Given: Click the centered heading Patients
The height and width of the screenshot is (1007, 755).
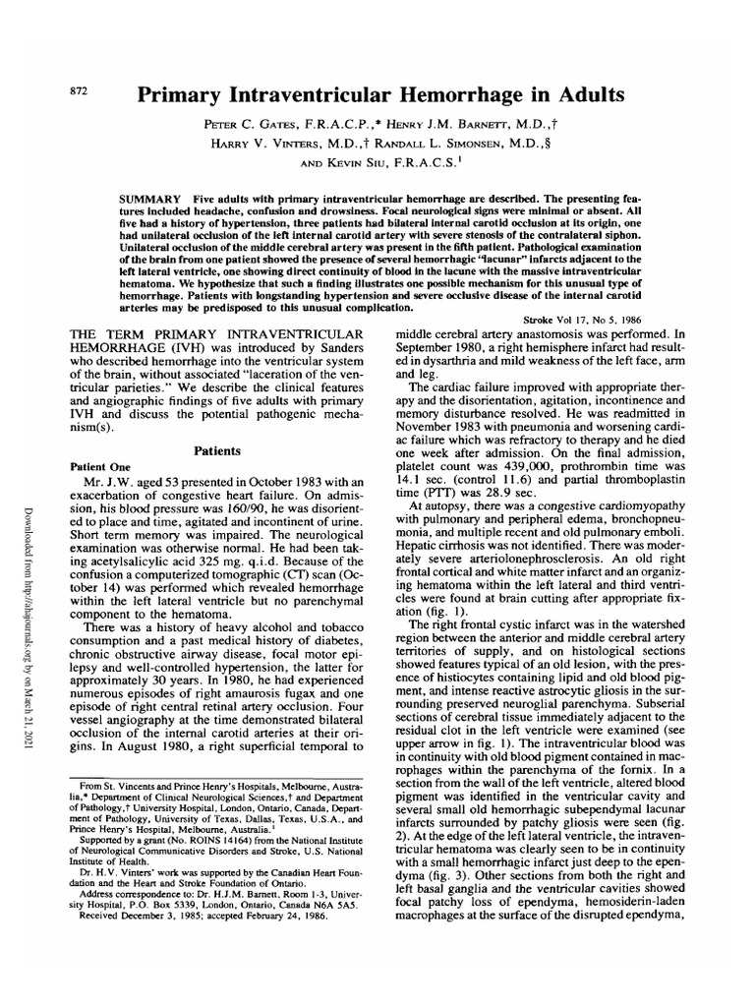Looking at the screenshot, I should tap(218, 449).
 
